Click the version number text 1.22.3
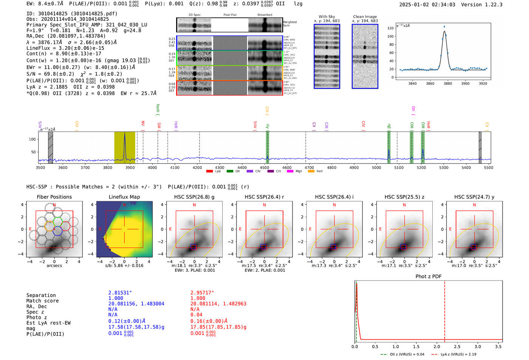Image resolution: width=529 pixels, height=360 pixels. tap(493, 5)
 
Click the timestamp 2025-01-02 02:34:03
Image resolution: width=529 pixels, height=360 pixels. tap(427, 5)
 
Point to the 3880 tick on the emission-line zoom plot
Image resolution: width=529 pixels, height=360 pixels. tap(448, 83)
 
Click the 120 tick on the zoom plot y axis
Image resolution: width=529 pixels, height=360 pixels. tap(390, 28)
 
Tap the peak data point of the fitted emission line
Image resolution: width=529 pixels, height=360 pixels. tap(444, 26)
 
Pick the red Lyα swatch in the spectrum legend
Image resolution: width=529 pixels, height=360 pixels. tap(209, 172)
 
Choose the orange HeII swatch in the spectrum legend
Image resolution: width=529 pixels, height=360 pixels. tap(311, 172)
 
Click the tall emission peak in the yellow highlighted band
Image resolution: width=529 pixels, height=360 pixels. tap(125, 134)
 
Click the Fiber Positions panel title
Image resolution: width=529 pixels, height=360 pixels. tap(54, 197)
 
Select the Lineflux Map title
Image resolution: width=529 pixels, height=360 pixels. tap(124, 197)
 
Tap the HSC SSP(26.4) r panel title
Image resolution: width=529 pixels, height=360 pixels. tap(264, 197)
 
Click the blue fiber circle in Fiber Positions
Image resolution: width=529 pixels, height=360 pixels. tap(57, 231)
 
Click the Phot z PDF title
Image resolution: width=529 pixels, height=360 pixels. tap(428, 277)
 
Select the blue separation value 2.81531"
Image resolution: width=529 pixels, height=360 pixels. tap(120, 293)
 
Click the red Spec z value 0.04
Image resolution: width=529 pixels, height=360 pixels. tap(196, 315)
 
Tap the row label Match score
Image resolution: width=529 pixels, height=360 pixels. tap(42, 301)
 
